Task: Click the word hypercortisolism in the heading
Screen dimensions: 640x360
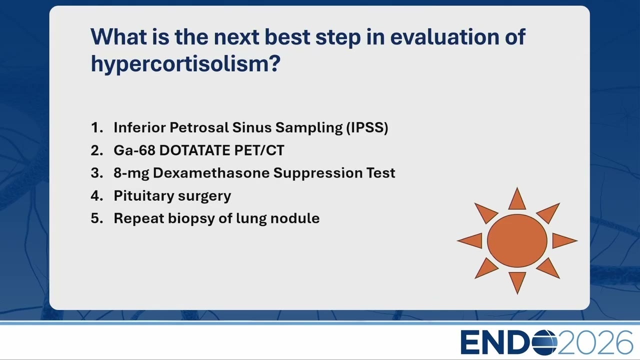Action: pyautogui.click(x=185, y=63)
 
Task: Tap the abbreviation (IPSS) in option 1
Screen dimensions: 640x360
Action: pyautogui.click(x=367, y=127)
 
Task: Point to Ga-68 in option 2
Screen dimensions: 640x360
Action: pyautogui.click(x=134, y=150)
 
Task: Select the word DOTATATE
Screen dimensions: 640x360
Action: pyautogui.click(x=195, y=150)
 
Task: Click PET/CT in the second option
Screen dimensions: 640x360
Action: pyautogui.click(x=259, y=150)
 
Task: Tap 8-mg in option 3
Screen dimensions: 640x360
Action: pyautogui.click(x=131, y=173)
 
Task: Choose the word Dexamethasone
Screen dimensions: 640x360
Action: pyautogui.click(x=211, y=173)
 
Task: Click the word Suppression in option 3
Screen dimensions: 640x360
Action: pyautogui.click(x=318, y=173)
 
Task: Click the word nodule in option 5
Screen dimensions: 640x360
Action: pyautogui.click(x=295, y=218)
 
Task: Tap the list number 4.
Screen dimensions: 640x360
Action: pyautogui.click(x=97, y=196)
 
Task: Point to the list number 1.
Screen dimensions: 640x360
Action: pyautogui.click(x=96, y=127)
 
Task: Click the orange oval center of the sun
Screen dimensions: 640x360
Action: pyautogui.click(x=517, y=241)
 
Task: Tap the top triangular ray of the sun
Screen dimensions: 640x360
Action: pyautogui.click(x=517, y=200)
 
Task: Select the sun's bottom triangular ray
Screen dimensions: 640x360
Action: pyautogui.click(x=517, y=281)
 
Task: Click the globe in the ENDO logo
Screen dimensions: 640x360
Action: pyautogui.click(x=545, y=342)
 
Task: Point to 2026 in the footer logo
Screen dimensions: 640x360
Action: pyautogui.click(x=595, y=342)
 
